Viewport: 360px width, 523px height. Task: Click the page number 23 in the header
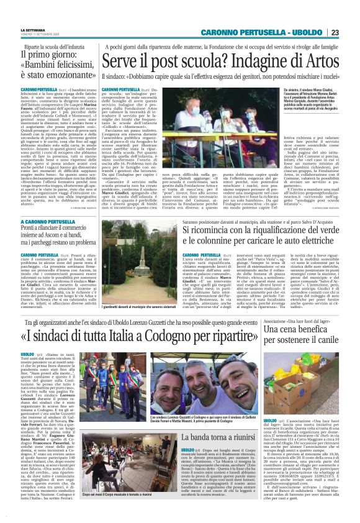[x=351, y=32]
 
